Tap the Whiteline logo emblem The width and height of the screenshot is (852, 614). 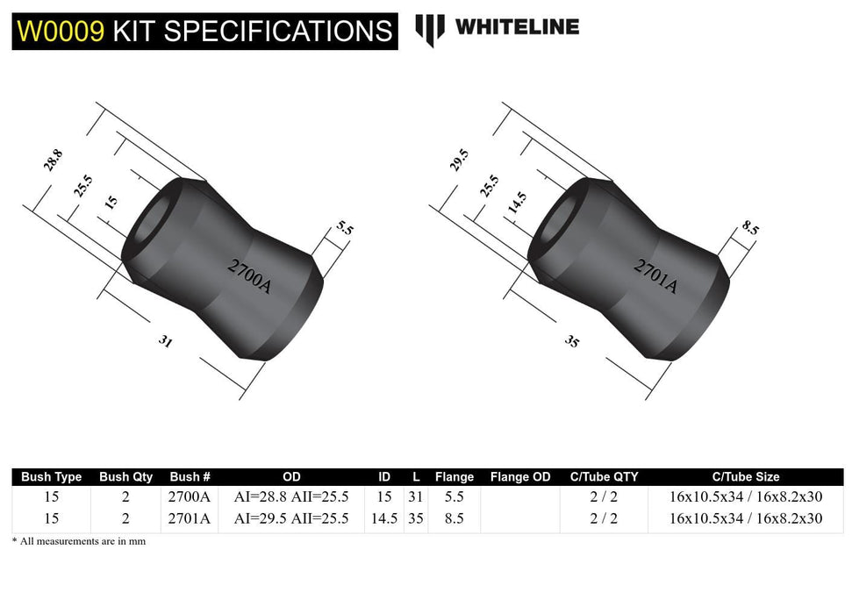tap(429, 28)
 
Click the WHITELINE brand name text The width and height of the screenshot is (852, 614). tap(517, 27)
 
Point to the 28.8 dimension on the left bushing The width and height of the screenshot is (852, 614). tap(54, 161)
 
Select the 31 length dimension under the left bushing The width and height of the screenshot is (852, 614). tap(165, 342)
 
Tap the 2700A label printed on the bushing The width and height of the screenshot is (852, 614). tap(250, 275)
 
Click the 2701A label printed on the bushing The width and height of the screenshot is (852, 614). tap(656, 275)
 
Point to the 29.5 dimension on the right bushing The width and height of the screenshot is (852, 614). tap(460, 161)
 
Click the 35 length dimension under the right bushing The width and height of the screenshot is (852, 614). tap(572, 341)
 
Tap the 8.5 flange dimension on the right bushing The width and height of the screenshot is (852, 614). tap(750, 229)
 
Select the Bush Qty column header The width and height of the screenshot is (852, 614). tap(125, 477)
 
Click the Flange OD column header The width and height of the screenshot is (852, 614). tap(520, 477)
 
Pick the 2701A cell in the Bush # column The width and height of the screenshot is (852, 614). tap(189, 518)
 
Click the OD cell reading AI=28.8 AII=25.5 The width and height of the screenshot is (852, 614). tap(291, 497)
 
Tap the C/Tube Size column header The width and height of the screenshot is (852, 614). tap(745, 477)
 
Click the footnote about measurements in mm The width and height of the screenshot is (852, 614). tap(79, 541)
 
